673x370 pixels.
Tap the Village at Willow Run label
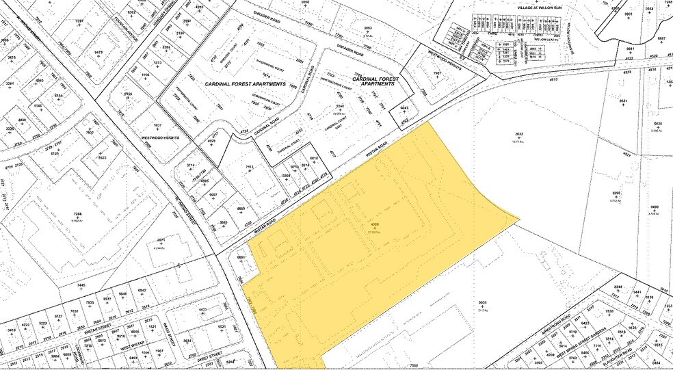tap(540, 6)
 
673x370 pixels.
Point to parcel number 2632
tap(518, 135)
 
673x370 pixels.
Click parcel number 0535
tap(483, 302)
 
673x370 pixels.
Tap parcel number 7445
tap(81, 285)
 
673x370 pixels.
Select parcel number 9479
tap(98, 53)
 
